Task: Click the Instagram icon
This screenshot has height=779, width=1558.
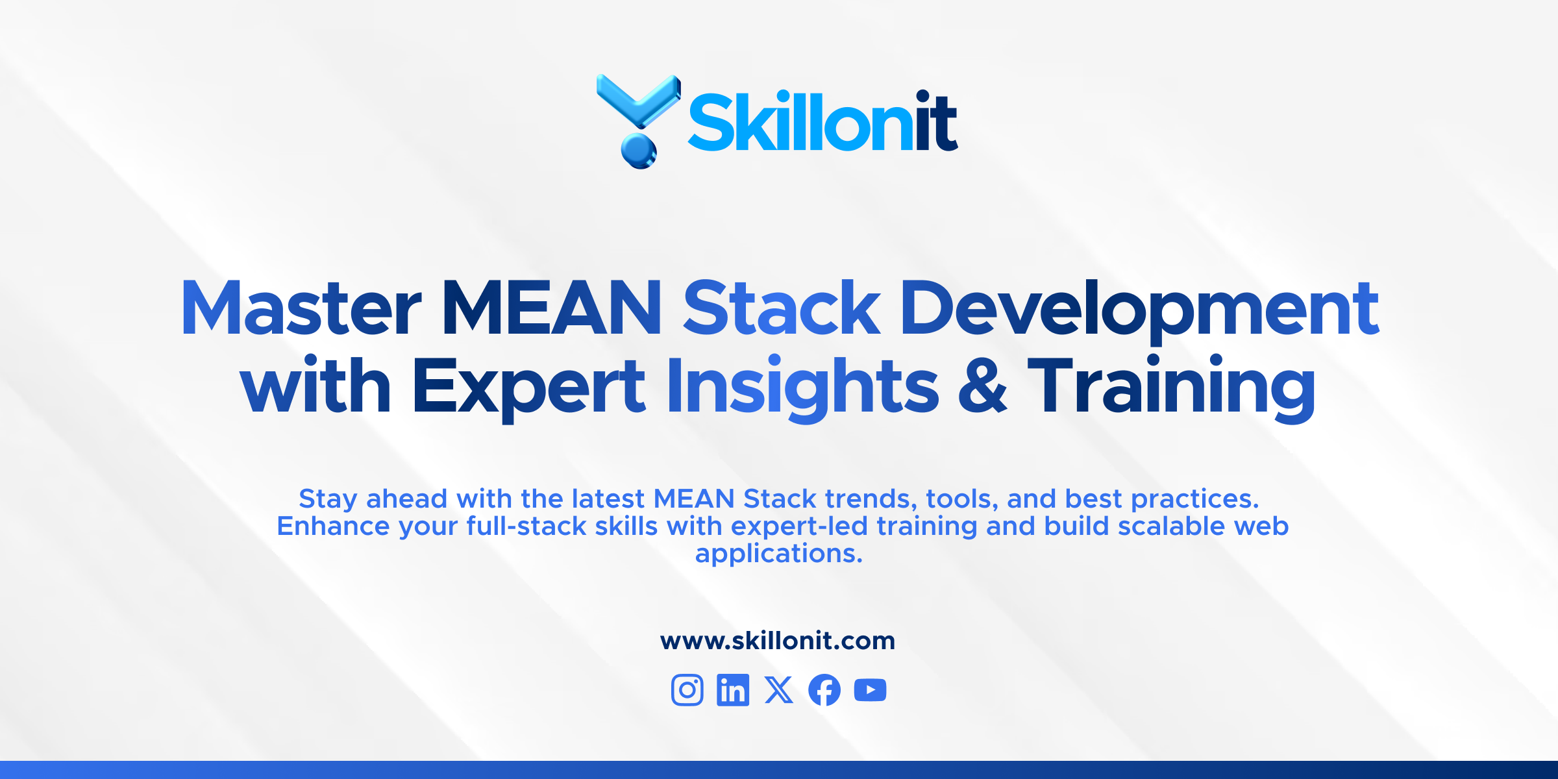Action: click(x=687, y=689)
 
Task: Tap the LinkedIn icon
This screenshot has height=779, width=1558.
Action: click(x=733, y=689)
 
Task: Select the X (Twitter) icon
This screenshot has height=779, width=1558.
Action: click(x=779, y=689)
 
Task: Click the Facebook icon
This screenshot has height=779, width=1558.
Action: click(x=824, y=689)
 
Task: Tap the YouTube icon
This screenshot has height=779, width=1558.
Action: click(x=871, y=689)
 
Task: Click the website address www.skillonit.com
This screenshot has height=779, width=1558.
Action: click(x=778, y=641)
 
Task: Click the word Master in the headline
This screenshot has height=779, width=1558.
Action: click(x=301, y=308)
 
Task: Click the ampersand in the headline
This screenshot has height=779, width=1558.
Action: click(x=983, y=387)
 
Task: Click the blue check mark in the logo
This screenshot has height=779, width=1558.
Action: click(x=638, y=101)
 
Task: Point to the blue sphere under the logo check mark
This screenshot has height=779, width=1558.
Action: click(x=639, y=151)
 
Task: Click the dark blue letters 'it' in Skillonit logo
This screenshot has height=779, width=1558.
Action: click(x=936, y=121)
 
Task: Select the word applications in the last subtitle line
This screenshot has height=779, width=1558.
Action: click(x=778, y=554)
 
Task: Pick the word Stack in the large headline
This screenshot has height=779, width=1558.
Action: click(x=782, y=308)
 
